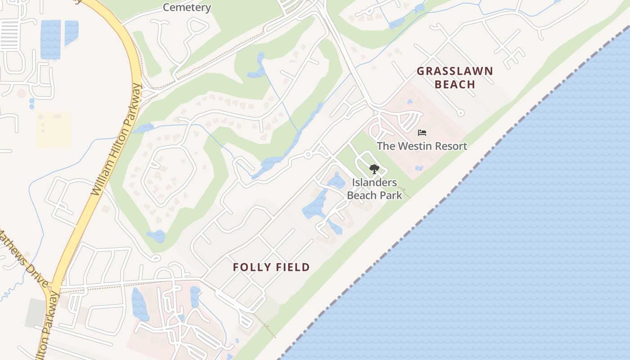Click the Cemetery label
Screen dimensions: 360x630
coord(187,7)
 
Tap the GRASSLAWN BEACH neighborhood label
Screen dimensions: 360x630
coord(454,78)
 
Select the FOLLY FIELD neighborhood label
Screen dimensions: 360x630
coord(271,267)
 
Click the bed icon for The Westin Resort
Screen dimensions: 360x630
coord(422,133)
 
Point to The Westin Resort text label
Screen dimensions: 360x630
coord(422,146)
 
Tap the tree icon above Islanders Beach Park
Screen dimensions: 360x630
coord(374,169)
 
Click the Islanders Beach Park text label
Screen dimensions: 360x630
coord(374,189)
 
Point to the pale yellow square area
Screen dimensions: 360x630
coord(53,130)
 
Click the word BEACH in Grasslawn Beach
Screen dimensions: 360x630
coord(455,85)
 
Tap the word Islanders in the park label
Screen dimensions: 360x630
coord(374,183)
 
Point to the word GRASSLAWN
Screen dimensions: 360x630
coord(454,71)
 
